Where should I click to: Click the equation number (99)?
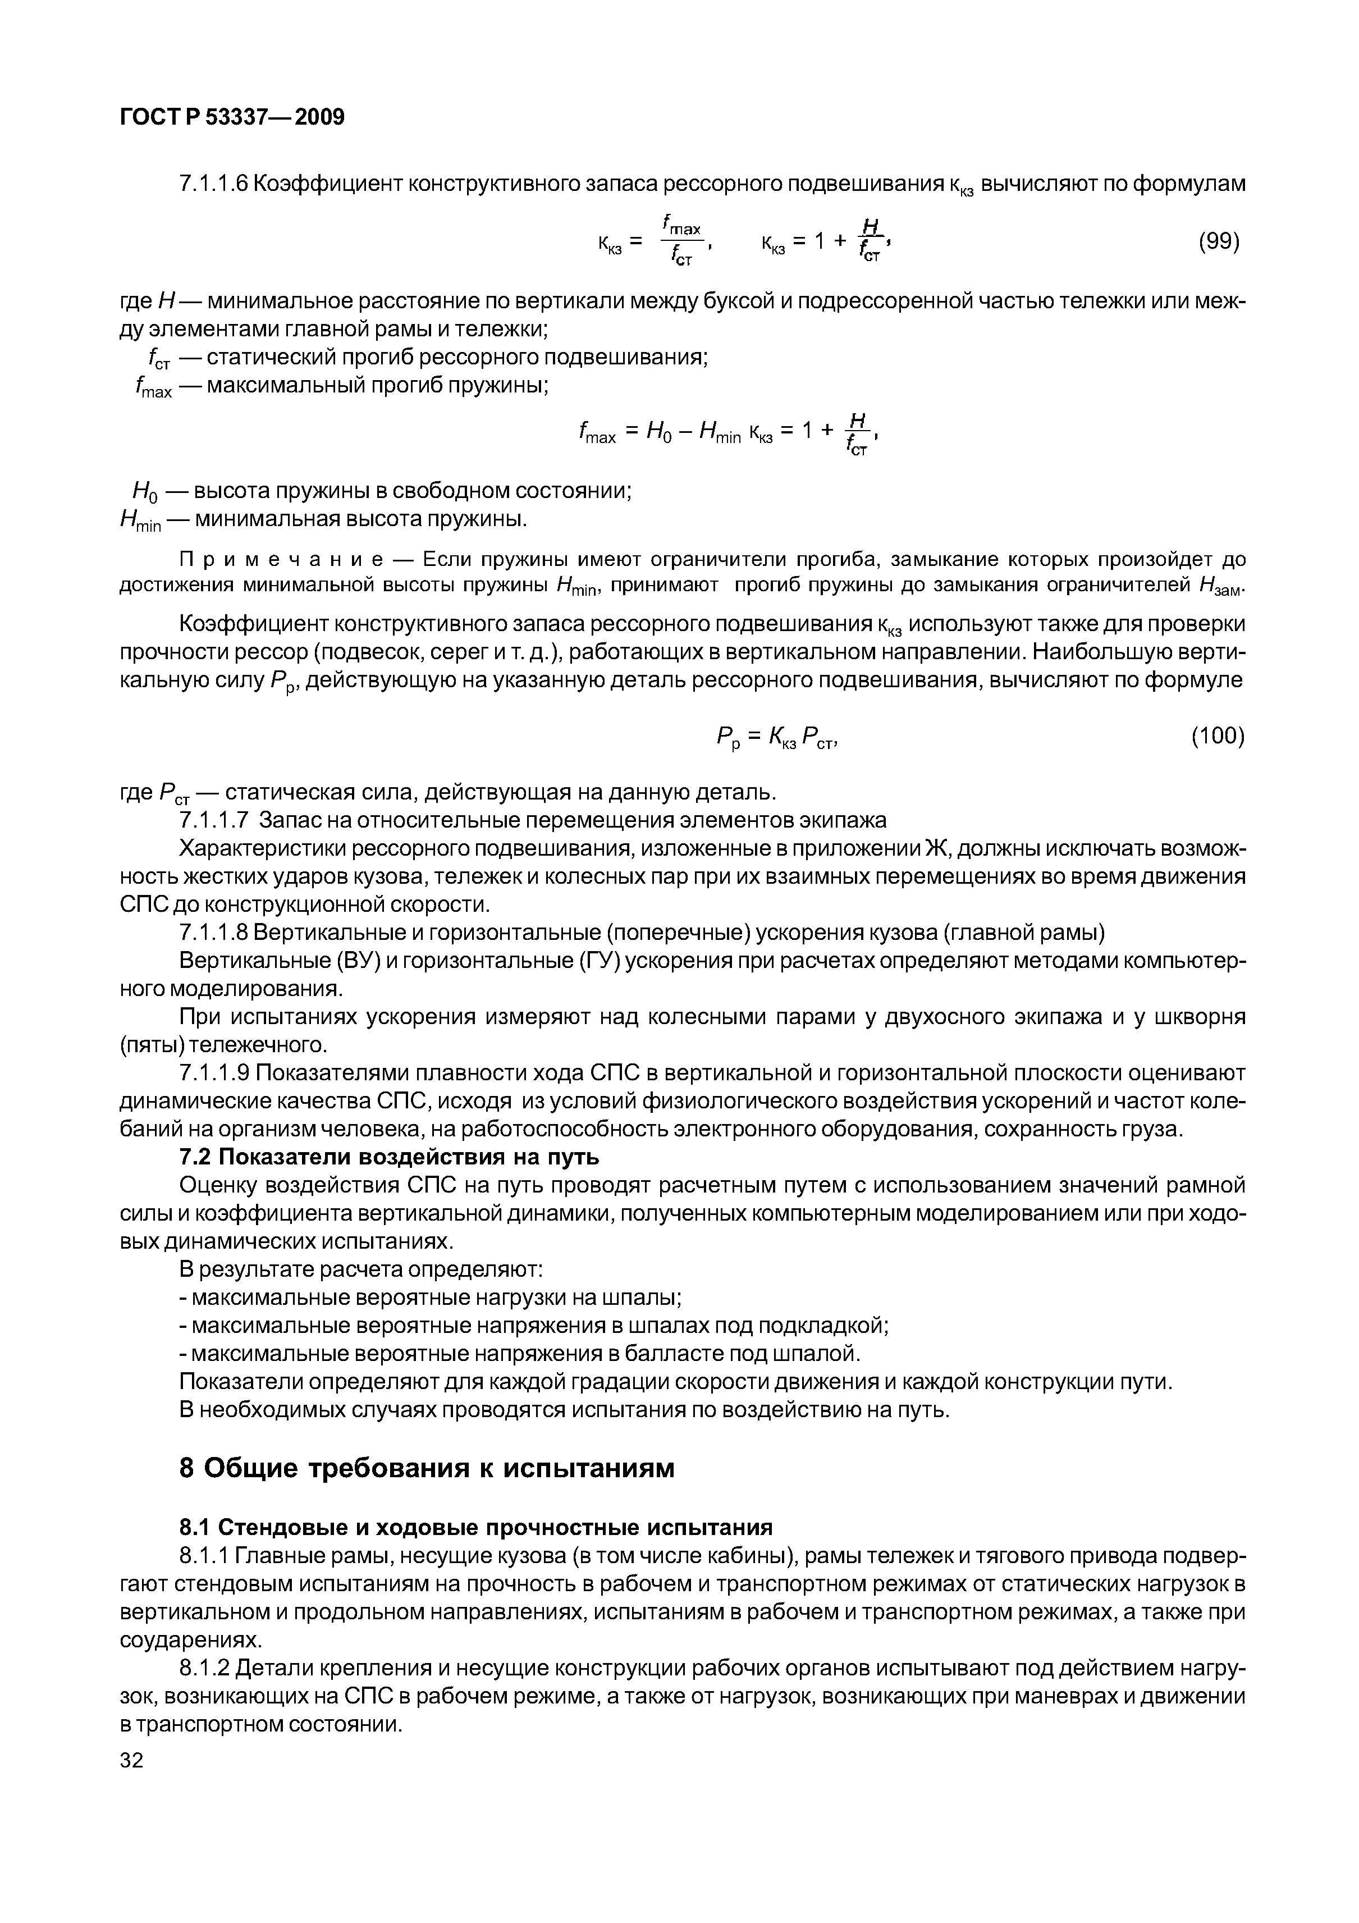[1218, 242]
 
